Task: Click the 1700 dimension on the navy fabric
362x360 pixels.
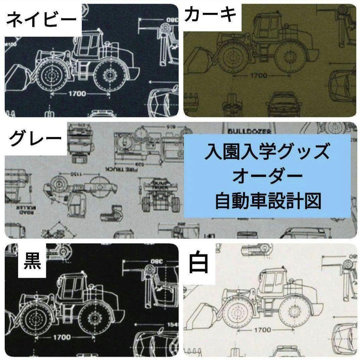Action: (77, 94)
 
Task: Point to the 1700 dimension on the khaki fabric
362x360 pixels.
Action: (258, 75)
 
